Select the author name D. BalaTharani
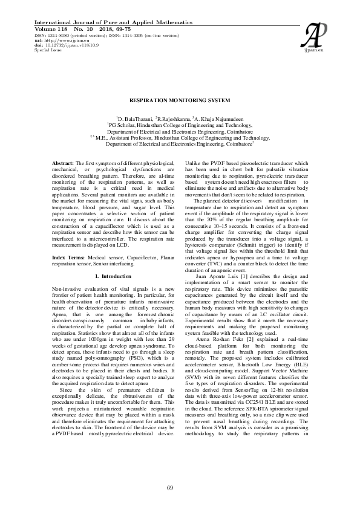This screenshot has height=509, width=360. (135, 119)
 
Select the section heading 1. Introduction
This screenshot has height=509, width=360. (113, 276)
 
